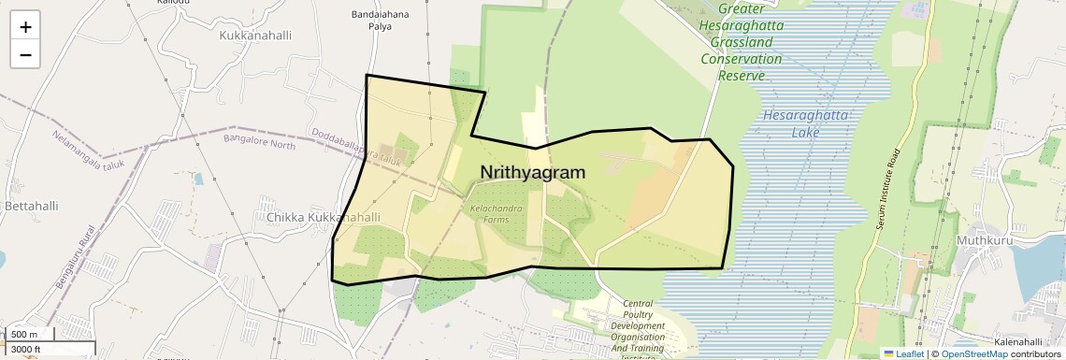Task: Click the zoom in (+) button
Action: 25,27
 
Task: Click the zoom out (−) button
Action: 25,54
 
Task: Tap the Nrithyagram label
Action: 532,173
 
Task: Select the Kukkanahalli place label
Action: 255,36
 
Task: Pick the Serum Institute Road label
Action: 889,201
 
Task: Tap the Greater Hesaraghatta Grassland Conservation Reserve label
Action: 742,41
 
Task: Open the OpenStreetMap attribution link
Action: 973,353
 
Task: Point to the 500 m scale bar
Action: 28,335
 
